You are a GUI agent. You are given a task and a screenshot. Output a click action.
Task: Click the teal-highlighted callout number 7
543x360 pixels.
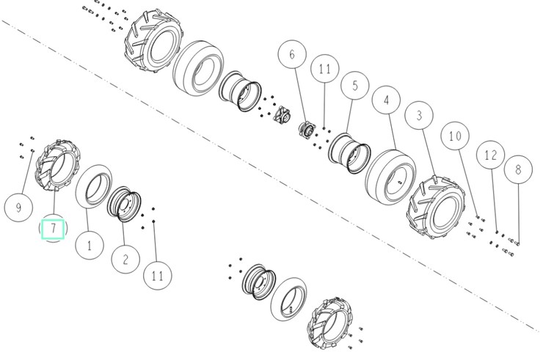tap(53, 229)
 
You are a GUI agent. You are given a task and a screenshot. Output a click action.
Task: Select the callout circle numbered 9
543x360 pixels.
tap(18, 207)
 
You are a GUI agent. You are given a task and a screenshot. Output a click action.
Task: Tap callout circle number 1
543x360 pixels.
tap(90, 246)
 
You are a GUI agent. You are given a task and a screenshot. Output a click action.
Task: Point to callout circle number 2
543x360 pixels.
tap(125, 260)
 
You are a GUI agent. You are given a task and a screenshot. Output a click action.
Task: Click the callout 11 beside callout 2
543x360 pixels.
tap(158, 276)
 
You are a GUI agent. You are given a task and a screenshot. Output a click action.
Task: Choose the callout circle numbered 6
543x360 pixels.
tap(292, 54)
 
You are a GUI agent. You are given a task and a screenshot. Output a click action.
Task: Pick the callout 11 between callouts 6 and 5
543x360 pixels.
tap(325, 68)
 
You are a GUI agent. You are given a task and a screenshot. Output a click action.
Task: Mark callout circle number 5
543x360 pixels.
tap(355, 86)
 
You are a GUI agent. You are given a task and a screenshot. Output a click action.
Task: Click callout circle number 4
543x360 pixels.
tap(387, 100)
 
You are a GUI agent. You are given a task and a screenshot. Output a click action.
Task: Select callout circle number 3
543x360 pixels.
tap(419, 115)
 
